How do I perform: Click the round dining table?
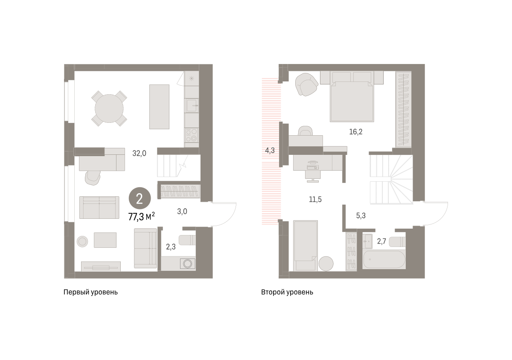[x=109, y=108]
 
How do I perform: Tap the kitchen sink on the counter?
[x=192, y=105]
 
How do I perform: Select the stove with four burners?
[x=192, y=135]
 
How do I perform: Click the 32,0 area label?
[x=139, y=153]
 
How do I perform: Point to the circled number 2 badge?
[x=140, y=198]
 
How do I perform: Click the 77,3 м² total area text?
[x=142, y=216]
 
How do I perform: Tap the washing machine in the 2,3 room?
[x=187, y=264]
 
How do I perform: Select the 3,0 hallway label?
[x=182, y=212]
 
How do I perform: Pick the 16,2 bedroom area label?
[x=356, y=132]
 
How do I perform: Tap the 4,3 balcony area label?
[x=270, y=151]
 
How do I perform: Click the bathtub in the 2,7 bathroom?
[x=384, y=259]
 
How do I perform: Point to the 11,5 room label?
[x=315, y=199]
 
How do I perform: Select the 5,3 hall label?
[x=361, y=215]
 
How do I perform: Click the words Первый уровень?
[x=90, y=292]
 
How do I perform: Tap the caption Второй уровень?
[x=287, y=292]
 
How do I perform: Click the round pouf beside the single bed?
[x=326, y=264]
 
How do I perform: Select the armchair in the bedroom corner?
[x=306, y=84]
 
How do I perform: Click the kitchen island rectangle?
[x=159, y=107]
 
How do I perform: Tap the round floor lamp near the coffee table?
[x=82, y=241]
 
